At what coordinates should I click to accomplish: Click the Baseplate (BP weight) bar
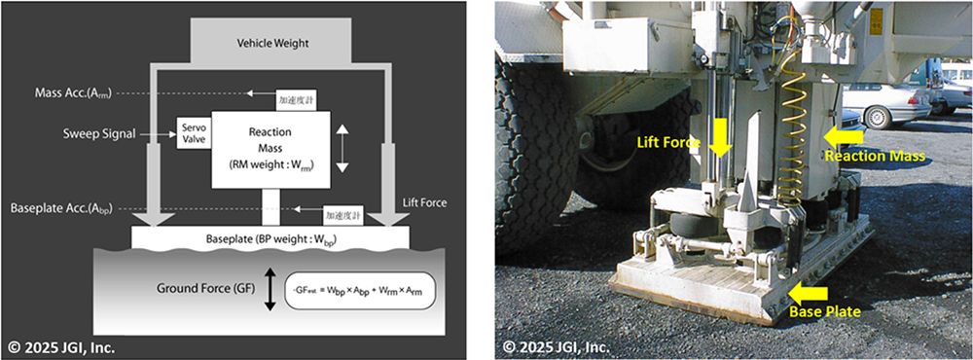pyautogui.click(x=270, y=237)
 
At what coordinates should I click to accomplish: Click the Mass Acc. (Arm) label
pyautogui.click(x=73, y=93)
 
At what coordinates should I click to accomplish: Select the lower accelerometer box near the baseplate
pyautogui.click(x=342, y=214)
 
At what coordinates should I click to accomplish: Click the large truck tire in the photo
pyautogui.click(x=533, y=136)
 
